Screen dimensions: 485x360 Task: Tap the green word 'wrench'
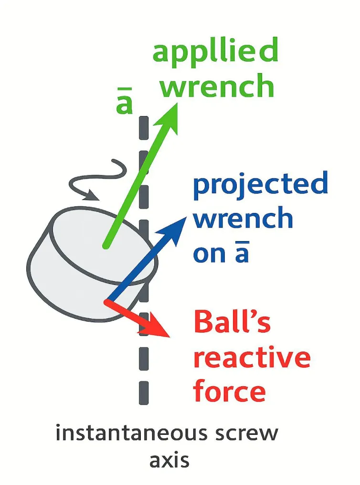point(217,87)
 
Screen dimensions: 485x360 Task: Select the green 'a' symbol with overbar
point(124,103)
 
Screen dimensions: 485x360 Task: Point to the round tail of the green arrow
point(106,245)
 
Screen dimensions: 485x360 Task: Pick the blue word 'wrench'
point(244,219)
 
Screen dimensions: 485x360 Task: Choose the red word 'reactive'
point(252,358)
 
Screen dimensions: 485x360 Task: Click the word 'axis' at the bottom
point(169,461)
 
